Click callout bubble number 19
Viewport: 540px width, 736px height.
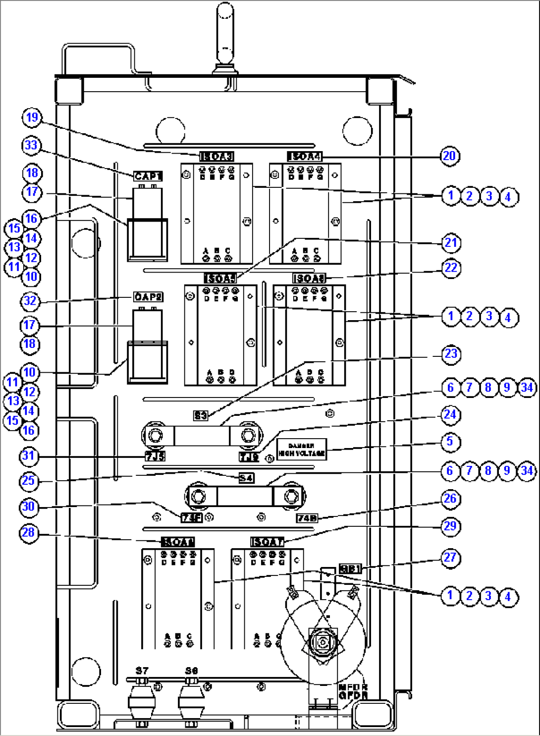32,117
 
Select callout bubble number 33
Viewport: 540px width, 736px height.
31,145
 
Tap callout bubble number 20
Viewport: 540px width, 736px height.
449,156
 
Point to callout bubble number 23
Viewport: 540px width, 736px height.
450,354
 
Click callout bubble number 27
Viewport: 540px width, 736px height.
450,558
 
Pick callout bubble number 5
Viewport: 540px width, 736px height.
450,441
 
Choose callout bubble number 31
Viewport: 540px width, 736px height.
29,455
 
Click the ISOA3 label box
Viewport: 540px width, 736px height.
216,157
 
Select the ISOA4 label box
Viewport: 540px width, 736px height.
305,157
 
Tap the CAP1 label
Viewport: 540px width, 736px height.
148,176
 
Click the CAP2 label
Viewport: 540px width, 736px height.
148,297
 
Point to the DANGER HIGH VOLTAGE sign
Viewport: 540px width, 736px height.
301,450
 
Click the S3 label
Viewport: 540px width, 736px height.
201,415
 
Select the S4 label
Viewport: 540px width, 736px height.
246,478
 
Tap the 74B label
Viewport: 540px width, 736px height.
307,518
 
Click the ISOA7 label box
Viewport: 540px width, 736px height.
268,542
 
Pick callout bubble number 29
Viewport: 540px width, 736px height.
450,526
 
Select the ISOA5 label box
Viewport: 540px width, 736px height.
220,279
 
